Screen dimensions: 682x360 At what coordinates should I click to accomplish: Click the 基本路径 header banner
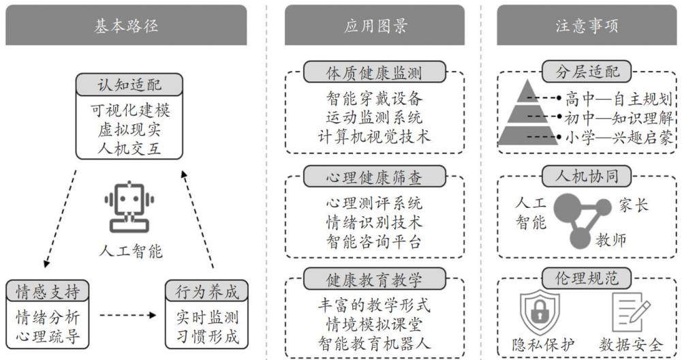click(126, 25)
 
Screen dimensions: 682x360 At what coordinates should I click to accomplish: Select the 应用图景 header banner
click(375, 25)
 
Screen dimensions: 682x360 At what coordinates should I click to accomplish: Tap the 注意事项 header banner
click(587, 25)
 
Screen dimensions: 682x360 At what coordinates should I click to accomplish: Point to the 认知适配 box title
click(129, 85)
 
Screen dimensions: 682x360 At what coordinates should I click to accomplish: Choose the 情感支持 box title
click(48, 290)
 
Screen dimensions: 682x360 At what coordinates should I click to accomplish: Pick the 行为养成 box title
click(206, 290)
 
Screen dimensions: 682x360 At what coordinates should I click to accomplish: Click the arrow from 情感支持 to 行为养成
click(127, 315)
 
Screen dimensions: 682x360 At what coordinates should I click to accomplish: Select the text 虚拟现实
click(129, 130)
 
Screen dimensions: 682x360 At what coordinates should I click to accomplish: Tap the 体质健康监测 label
click(375, 72)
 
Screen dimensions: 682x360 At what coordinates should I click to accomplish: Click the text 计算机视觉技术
click(375, 136)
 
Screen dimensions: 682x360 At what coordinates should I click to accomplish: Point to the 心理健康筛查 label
click(375, 177)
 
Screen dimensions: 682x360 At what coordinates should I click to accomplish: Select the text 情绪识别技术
click(375, 222)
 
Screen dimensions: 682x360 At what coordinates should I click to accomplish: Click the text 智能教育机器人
click(375, 344)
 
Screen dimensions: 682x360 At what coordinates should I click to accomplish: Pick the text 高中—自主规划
click(619, 99)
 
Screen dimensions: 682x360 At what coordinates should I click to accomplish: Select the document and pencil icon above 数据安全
click(631, 312)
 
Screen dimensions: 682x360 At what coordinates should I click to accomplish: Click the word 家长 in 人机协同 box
click(634, 205)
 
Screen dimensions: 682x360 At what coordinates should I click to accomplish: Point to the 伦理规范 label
click(587, 278)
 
